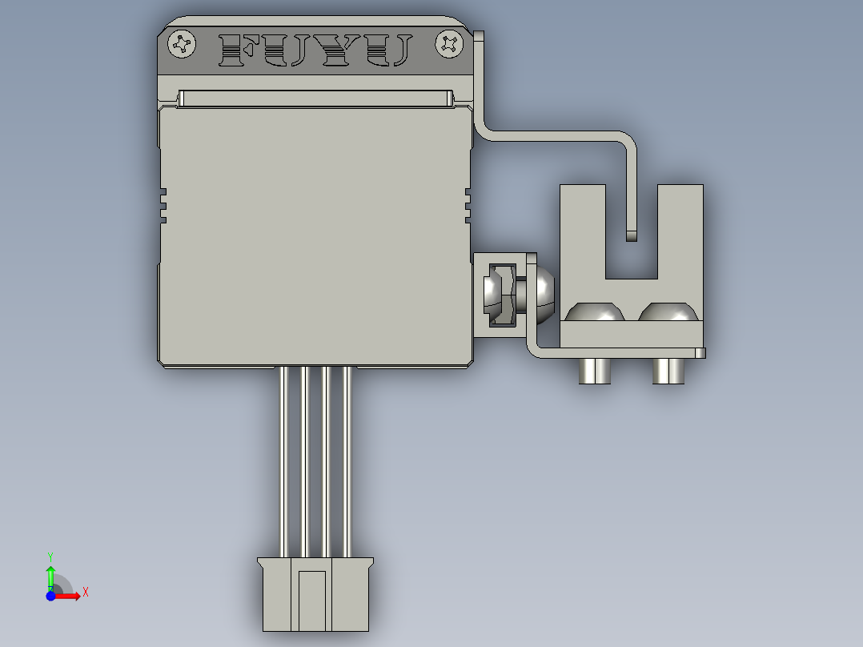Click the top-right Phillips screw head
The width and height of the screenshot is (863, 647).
click(x=449, y=44)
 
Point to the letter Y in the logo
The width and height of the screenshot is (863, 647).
click(x=335, y=50)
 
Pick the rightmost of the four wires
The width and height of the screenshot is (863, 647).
click(x=347, y=460)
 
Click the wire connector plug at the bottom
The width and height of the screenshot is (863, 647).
click(x=315, y=593)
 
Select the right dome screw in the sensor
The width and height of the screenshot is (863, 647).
click(x=668, y=312)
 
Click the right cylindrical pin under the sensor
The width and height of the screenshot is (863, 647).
click(x=668, y=371)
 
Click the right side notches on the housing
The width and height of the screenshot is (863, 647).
click(x=468, y=205)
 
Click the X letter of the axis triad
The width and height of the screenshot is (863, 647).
click(x=85, y=592)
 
